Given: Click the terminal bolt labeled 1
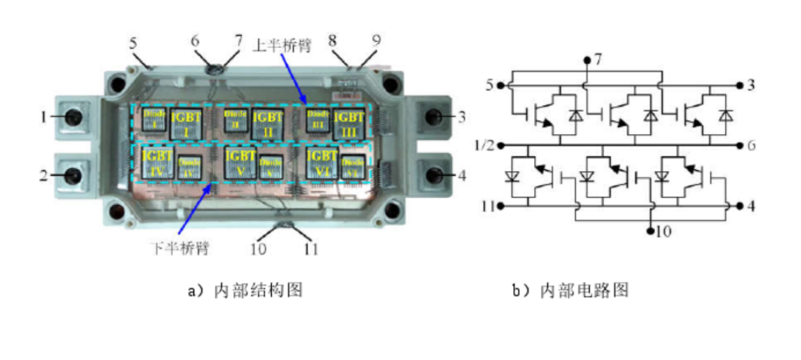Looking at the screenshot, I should pos(72,118).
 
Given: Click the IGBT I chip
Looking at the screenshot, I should pos(186,121).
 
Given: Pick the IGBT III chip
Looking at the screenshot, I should pos(348,122).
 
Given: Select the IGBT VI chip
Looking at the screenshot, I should pos(322,161).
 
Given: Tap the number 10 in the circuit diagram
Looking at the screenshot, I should pos(663,232).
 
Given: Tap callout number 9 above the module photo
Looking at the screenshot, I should pos(375,41).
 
